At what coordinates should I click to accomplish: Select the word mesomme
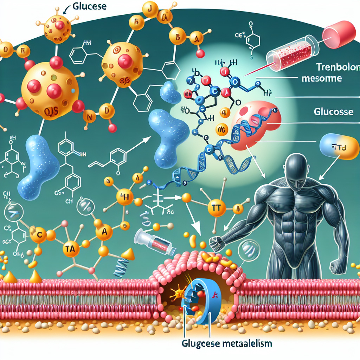(321, 78)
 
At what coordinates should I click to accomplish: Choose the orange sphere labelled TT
(216, 208)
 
